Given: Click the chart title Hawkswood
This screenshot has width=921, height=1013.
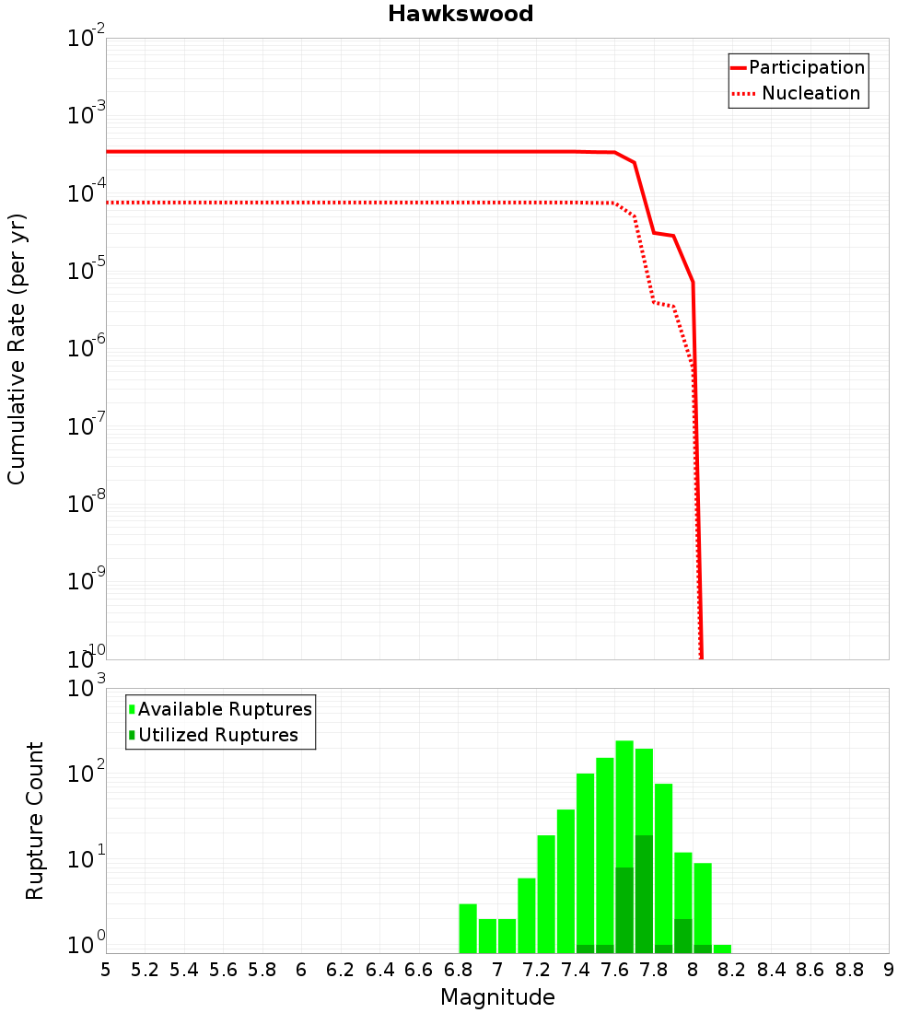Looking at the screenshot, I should point(460,14).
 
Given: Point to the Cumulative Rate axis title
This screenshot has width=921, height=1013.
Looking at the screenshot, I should point(17,349).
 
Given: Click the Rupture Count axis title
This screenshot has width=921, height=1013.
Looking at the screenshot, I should point(35,821).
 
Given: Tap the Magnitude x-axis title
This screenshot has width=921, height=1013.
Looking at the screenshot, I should point(497,997).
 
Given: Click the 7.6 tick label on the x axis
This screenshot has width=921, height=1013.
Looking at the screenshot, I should point(614,970).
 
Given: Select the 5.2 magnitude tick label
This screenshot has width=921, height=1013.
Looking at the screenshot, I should point(146,970).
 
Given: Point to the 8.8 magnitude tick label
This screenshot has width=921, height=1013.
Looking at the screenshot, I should point(849,970).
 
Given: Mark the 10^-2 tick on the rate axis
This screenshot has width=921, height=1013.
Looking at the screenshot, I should point(87,38).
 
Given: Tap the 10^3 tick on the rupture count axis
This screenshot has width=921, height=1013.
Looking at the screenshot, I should point(87,688).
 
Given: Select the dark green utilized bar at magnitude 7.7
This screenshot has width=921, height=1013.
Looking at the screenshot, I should point(644,893).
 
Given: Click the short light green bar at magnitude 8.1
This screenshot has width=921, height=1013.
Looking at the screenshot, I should point(722,949).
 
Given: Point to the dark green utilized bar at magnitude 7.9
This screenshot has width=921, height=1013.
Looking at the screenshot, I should point(682,936).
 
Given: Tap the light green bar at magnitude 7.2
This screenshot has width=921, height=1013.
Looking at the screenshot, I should point(546,893).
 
